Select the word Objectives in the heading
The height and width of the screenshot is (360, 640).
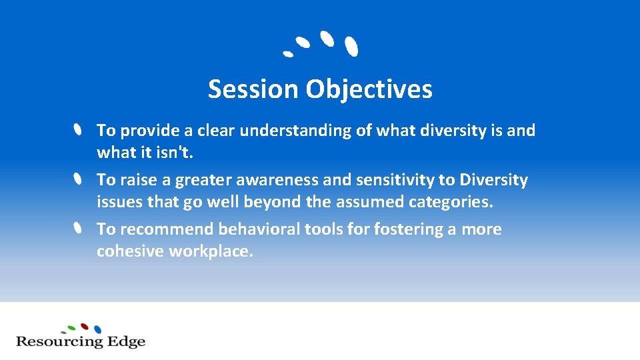[x=369, y=89]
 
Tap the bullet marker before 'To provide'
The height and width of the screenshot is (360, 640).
[x=78, y=129]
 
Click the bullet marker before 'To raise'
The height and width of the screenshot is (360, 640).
[x=78, y=179]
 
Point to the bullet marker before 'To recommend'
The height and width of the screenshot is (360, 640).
[x=78, y=229]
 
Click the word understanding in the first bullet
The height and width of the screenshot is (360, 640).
[x=296, y=131]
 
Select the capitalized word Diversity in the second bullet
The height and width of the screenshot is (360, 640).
[x=493, y=180]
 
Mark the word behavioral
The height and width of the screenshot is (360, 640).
[x=259, y=229]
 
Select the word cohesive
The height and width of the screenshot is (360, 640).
[x=130, y=251]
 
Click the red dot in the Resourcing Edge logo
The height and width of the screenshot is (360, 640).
[x=85, y=327]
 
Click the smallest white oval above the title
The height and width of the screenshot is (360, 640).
[x=287, y=53]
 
